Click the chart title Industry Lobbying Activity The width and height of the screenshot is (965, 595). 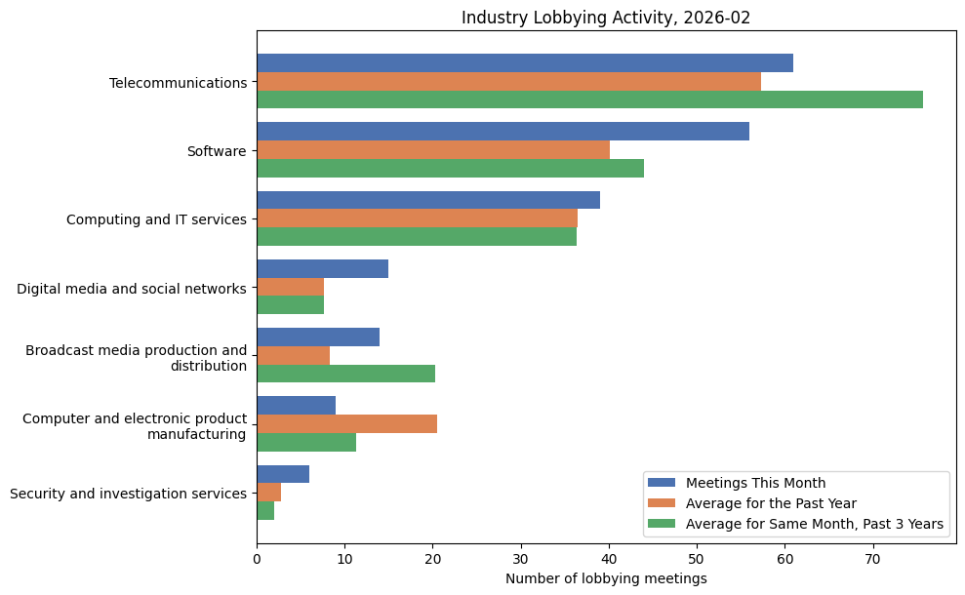point(606,18)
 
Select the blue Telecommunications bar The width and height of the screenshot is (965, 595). point(525,63)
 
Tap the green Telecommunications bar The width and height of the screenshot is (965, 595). point(589,99)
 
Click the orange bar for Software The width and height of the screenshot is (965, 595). point(433,150)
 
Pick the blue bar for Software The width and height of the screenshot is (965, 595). point(503,132)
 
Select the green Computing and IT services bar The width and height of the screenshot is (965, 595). point(417,237)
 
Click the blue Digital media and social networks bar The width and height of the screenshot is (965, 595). point(322,269)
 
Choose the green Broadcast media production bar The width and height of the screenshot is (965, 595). point(345,374)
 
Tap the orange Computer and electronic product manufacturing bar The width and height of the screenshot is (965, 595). point(346,423)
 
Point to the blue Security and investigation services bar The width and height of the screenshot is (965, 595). point(283,474)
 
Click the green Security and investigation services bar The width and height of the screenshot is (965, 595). point(265,511)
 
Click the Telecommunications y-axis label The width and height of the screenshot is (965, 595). point(178,83)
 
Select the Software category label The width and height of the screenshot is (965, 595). point(216,151)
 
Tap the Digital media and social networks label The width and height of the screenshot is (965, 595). point(132,288)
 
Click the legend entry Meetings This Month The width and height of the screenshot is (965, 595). point(755,483)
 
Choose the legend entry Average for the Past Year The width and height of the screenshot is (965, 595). point(771,503)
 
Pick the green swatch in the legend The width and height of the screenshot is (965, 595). point(662,524)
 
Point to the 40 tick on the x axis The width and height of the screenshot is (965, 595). point(609,559)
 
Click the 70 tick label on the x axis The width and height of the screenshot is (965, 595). point(872,559)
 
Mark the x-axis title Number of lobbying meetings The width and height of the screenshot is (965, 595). point(606,578)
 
